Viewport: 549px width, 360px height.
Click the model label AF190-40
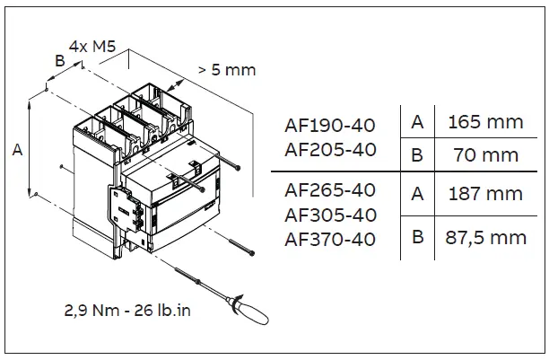tap(329, 124)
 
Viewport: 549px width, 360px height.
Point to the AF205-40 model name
tap(329, 149)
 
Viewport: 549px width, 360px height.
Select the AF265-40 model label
tap(329, 189)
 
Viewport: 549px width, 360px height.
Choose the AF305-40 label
tap(329, 215)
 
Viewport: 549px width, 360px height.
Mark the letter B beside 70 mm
tap(416, 154)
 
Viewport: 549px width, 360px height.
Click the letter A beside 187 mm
tap(416, 193)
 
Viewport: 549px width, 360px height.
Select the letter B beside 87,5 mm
tap(416, 238)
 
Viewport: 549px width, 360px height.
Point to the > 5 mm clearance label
tap(226, 69)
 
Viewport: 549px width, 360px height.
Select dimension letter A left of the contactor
tap(17, 152)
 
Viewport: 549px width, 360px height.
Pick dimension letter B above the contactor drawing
tap(59, 61)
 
